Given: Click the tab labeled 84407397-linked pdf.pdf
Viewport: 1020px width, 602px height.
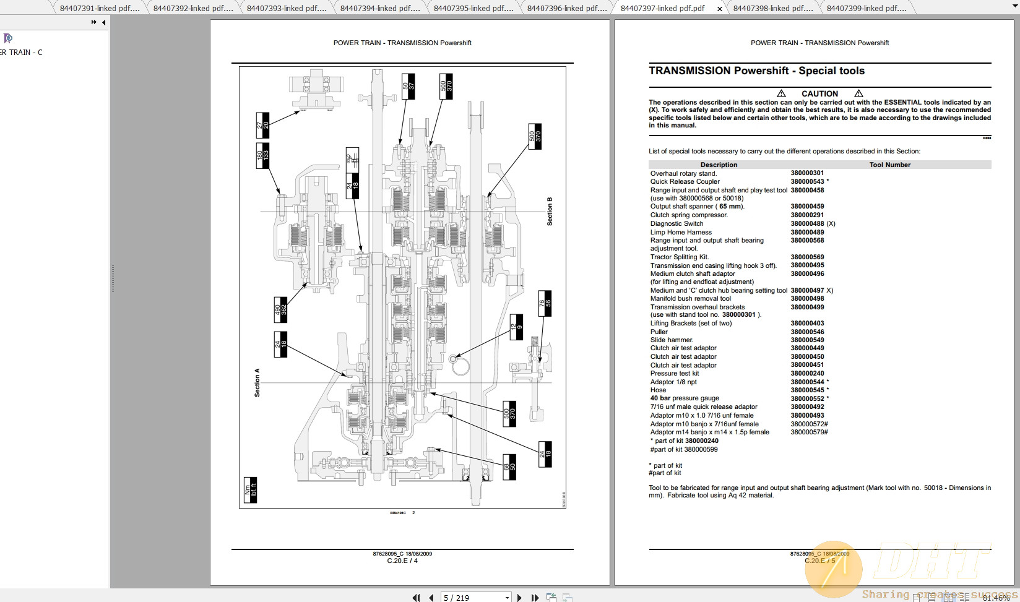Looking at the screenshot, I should (662, 8).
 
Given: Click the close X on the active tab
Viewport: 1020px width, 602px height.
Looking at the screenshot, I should (719, 9).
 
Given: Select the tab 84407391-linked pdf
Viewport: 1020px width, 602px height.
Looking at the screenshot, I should (96, 8).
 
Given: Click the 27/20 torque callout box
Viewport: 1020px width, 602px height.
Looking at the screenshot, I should (262, 125).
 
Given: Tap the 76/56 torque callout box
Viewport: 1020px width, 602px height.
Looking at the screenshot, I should (545, 303).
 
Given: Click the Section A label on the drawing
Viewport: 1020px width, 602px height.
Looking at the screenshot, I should (257, 382).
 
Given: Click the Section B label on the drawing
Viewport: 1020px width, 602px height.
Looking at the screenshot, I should (550, 212).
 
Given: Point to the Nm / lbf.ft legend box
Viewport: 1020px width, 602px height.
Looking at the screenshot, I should (250, 490).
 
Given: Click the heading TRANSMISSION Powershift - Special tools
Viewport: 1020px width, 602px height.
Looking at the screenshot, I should (756, 71).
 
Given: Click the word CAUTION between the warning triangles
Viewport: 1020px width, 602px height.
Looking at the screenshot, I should (819, 93).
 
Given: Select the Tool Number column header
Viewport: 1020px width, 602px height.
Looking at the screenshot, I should (889, 165).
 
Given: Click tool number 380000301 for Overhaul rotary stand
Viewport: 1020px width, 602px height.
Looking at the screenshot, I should (807, 173).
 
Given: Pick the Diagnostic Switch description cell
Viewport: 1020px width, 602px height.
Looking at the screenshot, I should (676, 223).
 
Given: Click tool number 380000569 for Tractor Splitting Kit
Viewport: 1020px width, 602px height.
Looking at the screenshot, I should (807, 257).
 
